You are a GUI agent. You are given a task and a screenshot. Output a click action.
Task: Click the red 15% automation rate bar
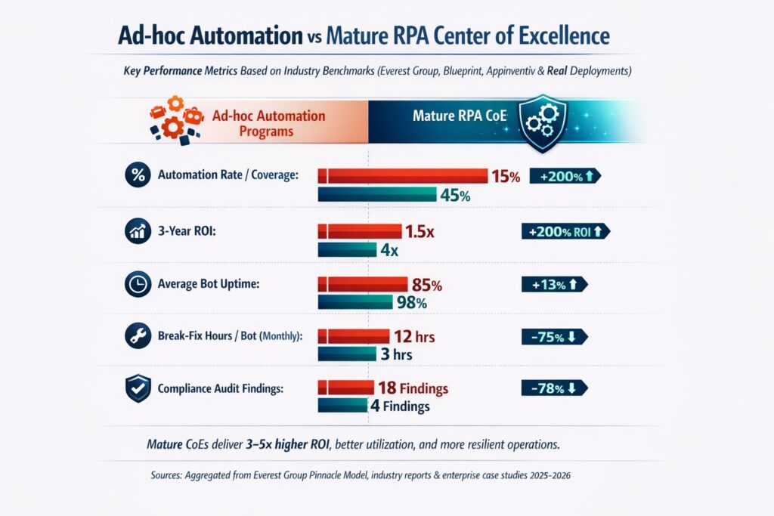403,176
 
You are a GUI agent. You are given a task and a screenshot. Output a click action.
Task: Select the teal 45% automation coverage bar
377,195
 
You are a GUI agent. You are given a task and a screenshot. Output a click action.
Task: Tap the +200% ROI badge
565,232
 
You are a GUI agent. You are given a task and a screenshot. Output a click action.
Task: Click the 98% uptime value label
412,303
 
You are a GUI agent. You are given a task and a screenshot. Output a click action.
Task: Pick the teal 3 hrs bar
347,354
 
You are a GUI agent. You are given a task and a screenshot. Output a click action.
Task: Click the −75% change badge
554,337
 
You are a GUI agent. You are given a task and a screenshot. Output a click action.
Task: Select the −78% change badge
554,388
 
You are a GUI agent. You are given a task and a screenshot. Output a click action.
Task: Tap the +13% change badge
554,284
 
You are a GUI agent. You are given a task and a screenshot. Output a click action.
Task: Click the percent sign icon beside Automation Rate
138,175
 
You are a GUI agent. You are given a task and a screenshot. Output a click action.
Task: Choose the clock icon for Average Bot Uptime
138,284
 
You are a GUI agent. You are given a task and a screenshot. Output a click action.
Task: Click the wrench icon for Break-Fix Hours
138,337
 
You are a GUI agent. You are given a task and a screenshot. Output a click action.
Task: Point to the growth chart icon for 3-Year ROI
138,232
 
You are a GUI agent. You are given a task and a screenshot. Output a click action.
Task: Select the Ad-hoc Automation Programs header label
268,123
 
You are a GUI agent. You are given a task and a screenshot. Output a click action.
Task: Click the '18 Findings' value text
413,388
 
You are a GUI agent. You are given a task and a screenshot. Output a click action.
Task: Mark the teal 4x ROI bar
347,250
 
